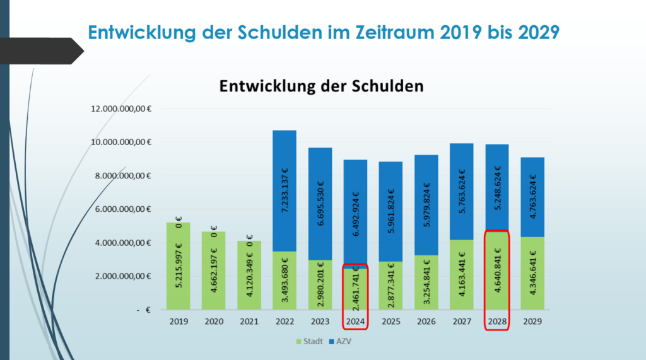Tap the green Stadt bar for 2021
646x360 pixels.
tap(249, 274)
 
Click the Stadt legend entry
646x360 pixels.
tap(309, 341)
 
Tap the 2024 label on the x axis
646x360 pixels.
tap(355, 321)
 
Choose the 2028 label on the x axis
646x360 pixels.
tap(496, 321)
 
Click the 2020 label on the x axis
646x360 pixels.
tap(213, 321)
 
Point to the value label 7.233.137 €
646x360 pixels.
tap(284, 190)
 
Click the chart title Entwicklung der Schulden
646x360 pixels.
tap(320, 86)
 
